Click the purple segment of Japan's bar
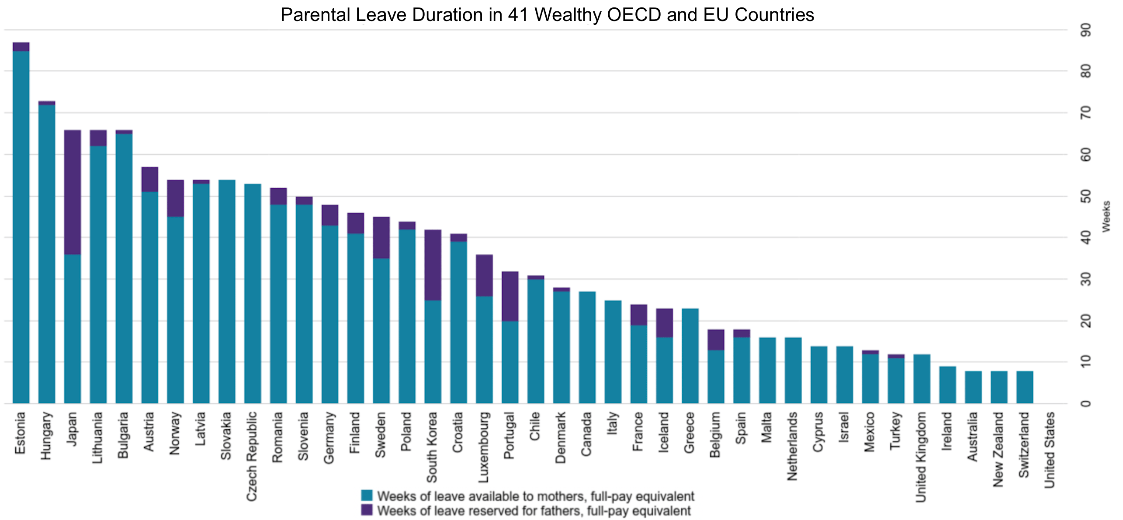(x=73, y=192)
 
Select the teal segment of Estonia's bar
(x=21, y=227)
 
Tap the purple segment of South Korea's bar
(x=433, y=265)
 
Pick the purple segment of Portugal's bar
(x=510, y=297)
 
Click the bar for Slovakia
(x=227, y=291)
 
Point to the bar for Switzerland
(x=1025, y=387)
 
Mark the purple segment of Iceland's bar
(x=665, y=323)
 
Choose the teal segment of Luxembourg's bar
(x=484, y=350)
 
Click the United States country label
(x=1050, y=450)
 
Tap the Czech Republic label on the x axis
(x=252, y=457)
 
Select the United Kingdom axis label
(x=921, y=457)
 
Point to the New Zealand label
(x=998, y=450)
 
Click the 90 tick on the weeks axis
(x=1085, y=30)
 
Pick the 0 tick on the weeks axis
(x=1085, y=403)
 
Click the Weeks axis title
(x=1106, y=216)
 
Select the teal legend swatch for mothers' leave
(x=367, y=496)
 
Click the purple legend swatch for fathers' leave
(x=367, y=510)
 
